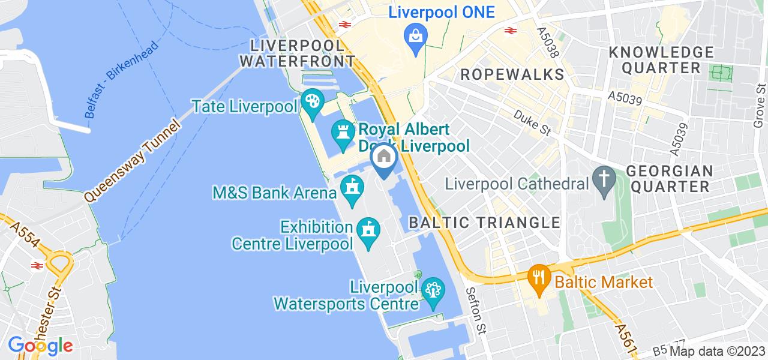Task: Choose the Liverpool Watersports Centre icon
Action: [431, 291]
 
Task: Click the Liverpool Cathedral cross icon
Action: [602, 178]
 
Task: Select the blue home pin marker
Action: [384, 158]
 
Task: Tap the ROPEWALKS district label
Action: [512, 75]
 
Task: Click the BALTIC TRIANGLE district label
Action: [484, 223]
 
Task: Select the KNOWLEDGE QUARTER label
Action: [661, 59]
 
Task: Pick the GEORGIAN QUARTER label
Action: [669, 178]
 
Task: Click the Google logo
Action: [40, 346]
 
